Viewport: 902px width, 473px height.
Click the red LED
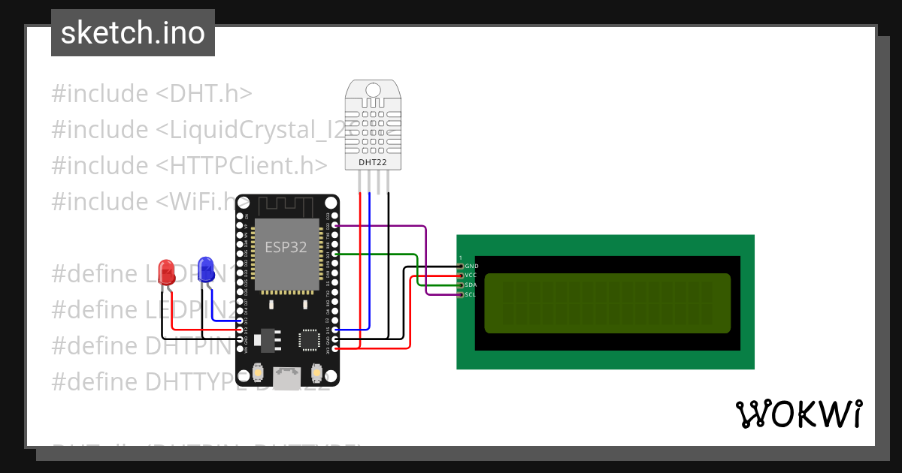(x=166, y=272)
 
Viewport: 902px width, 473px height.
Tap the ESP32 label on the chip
(x=286, y=247)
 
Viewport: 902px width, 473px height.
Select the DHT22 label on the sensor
(x=373, y=161)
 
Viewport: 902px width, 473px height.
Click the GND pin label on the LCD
(x=471, y=266)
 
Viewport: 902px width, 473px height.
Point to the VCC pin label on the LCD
(x=471, y=276)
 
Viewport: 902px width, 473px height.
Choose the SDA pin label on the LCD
(x=471, y=285)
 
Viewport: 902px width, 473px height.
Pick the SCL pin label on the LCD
(x=471, y=295)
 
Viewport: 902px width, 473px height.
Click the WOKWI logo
(x=798, y=414)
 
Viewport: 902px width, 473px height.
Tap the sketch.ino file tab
(x=133, y=33)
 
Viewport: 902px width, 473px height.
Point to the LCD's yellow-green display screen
(x=607, y=303)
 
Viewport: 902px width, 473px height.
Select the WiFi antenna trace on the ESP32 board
(x=287, y=205)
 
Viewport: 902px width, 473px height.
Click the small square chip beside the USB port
(x=309, y=339)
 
